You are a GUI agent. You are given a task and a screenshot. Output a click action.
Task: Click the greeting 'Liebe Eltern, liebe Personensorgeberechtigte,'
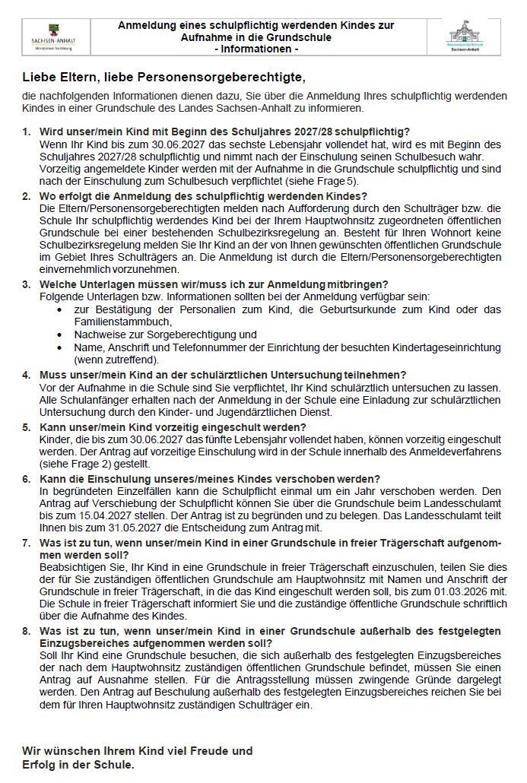pos(163,78)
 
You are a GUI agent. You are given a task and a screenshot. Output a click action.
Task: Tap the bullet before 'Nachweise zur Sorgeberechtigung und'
pos(61,334)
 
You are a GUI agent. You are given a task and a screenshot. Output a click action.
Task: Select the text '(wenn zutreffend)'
pos(116,359)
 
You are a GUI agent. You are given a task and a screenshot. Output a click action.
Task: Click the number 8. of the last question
pos(27,631)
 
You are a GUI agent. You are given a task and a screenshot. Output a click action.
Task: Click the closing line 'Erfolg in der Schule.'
pos(78,764)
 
